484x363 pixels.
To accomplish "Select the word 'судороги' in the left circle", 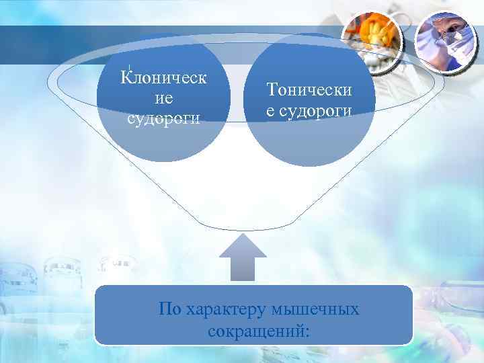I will pyautogui.click(x=164, y=119).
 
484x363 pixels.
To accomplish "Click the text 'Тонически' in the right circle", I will pyautogui.click(x=309, y=89).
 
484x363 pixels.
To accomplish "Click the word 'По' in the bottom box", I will pyautogui.click(x=169, y=310).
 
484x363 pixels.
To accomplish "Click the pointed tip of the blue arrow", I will pyautogui.click(x=243, y=235).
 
